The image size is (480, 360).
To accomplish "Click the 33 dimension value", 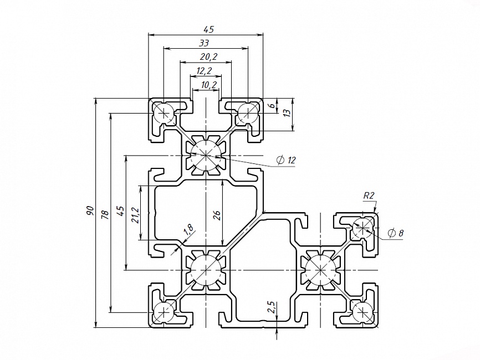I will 204,43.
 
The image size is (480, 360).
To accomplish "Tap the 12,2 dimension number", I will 204,70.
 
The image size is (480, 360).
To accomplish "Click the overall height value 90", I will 89,211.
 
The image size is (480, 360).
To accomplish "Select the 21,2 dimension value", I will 135,214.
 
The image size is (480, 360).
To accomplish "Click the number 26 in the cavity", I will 217,214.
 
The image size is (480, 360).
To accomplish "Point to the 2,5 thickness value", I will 270,307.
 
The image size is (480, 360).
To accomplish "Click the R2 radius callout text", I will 369,195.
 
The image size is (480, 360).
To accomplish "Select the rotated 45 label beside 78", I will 120,211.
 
